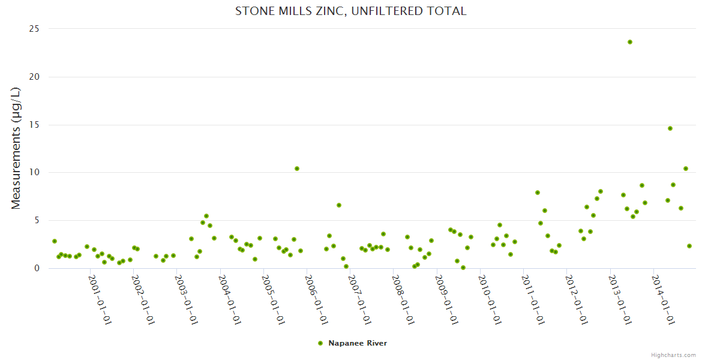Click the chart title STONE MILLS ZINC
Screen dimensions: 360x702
(350, 11)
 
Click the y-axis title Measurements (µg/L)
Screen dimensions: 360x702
(16, 148)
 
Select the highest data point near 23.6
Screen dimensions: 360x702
(630, 42)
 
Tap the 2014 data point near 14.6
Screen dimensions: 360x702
(670, 128)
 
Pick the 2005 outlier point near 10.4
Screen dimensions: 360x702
(297, 169)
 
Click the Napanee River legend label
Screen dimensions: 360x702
(358, 343)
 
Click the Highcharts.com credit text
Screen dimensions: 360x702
(673, 355)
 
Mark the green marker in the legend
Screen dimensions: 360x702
(320, 343)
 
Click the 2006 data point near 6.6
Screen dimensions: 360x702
(339, 205)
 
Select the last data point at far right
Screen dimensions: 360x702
(689, 246)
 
